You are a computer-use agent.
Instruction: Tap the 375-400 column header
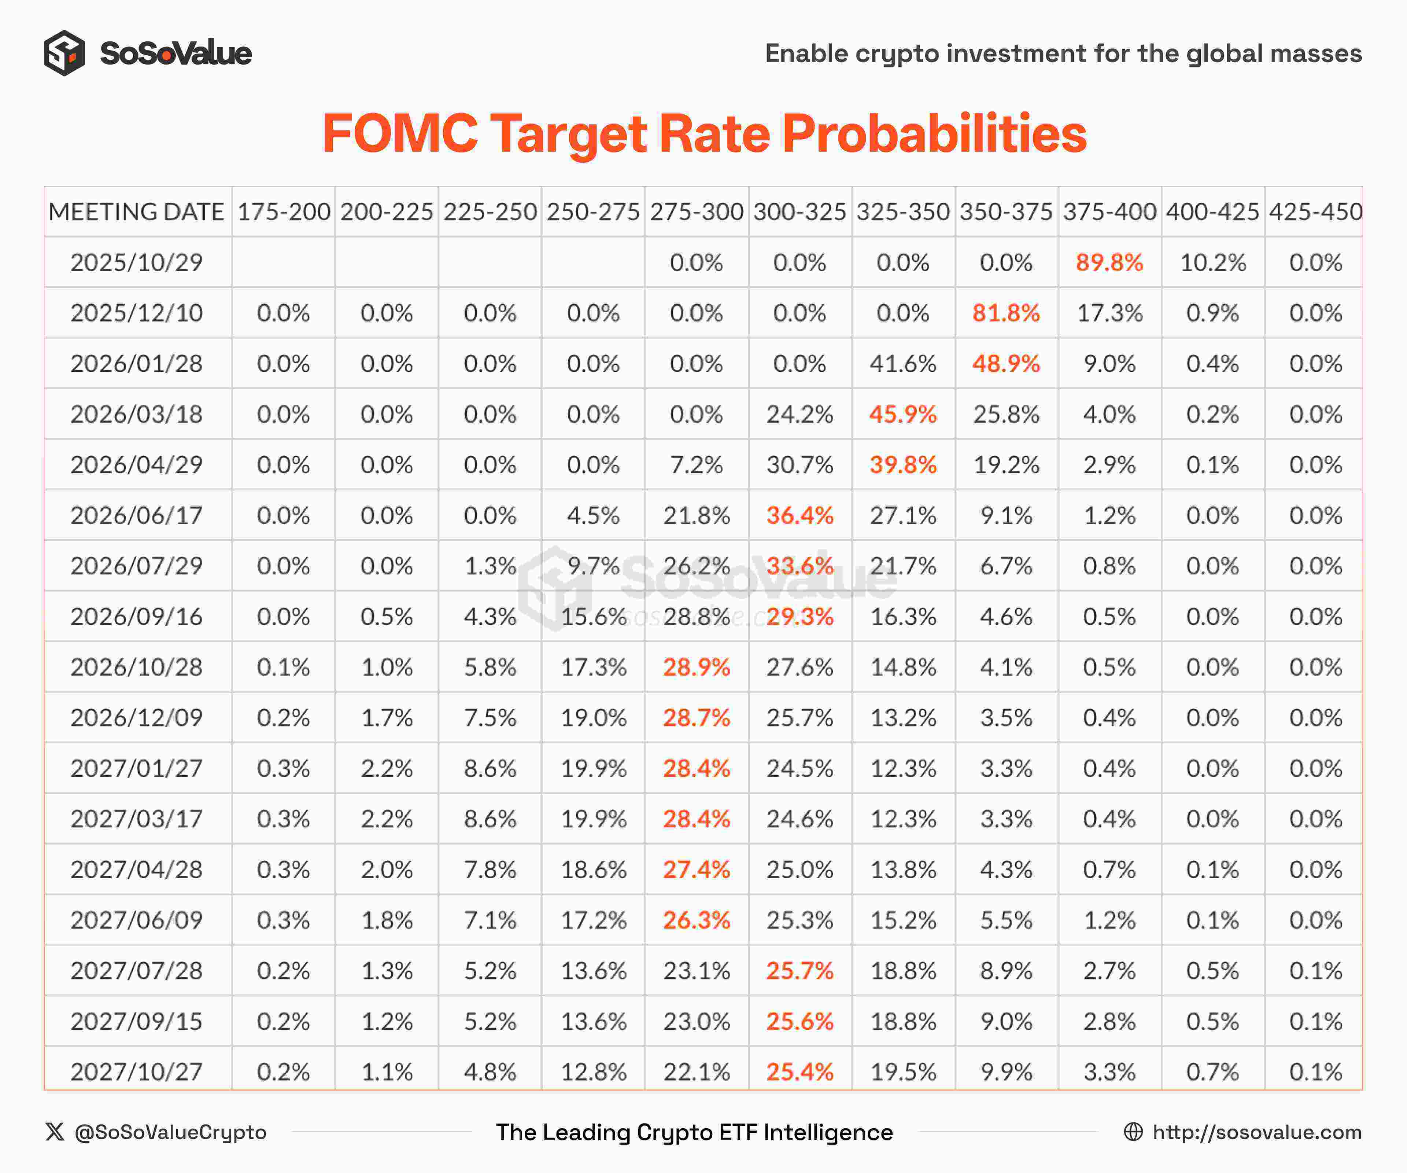[1109, 212]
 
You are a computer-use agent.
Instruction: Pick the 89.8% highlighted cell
[1109, 262]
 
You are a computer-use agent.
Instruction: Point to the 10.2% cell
[1213, 262]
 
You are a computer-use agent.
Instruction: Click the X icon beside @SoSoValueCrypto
[55, 1132]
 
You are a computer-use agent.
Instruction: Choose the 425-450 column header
[1315, 212]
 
